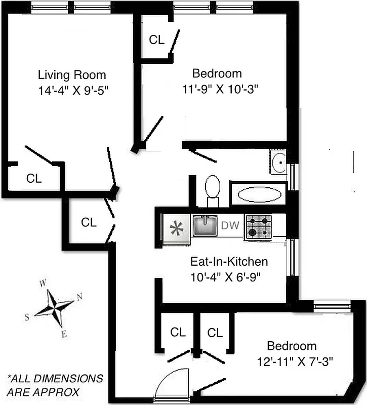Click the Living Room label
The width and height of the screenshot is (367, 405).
click(72, 75)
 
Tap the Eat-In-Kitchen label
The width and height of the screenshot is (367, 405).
click(228, 262)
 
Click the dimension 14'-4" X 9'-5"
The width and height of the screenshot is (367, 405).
click(72, 91)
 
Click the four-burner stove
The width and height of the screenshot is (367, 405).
click(259, 226)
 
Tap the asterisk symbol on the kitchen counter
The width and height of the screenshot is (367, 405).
click(176, 228)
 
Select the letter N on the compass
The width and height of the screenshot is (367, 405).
click(79, 297)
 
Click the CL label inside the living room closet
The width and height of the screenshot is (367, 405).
click(34, 178)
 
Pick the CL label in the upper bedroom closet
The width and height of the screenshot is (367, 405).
click(157, 40)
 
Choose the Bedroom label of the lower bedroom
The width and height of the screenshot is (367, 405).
click(292, 346)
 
